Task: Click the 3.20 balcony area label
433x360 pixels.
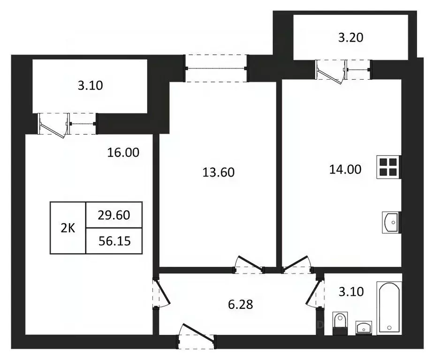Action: pyautogui.click(x=351, y=37)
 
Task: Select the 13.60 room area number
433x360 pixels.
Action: pyautogui.click(x=218, y=172)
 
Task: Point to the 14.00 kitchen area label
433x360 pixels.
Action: pyautogui.click(x=345, y=169)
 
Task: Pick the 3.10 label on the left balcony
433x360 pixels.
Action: pyautogui.click(x=90, y=85)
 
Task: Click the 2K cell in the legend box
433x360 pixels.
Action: pyautogui.click(x=68, y=228)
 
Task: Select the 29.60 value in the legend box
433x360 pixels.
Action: pyautogui.click(x=114, y=215)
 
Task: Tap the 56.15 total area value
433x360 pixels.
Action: pyautogui.click(x=114, y=241)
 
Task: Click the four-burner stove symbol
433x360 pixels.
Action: pyautogui.click(x=388, y=167)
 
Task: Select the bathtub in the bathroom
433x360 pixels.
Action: pyautogui.click(x=390, y=307)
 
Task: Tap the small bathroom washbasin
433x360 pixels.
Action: pyautogui.click(x=363, y=326)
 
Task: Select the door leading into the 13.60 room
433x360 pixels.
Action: pyautogui.click(x=249, y=265)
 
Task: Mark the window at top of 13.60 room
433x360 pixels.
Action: pyautogui.click(x=217, y=68)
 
